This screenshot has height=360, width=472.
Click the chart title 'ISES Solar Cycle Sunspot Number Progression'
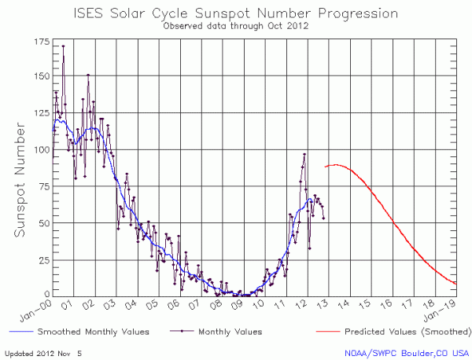[x=235, y=13]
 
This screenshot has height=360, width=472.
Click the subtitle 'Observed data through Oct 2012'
[x=235, y=26]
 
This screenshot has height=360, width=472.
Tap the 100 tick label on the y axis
[x=39, y=149]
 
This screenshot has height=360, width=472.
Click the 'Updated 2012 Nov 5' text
[x=49, y=353]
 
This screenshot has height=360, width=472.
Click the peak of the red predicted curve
[x=336, y=164]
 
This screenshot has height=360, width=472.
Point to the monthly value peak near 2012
[x=304, y=154]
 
